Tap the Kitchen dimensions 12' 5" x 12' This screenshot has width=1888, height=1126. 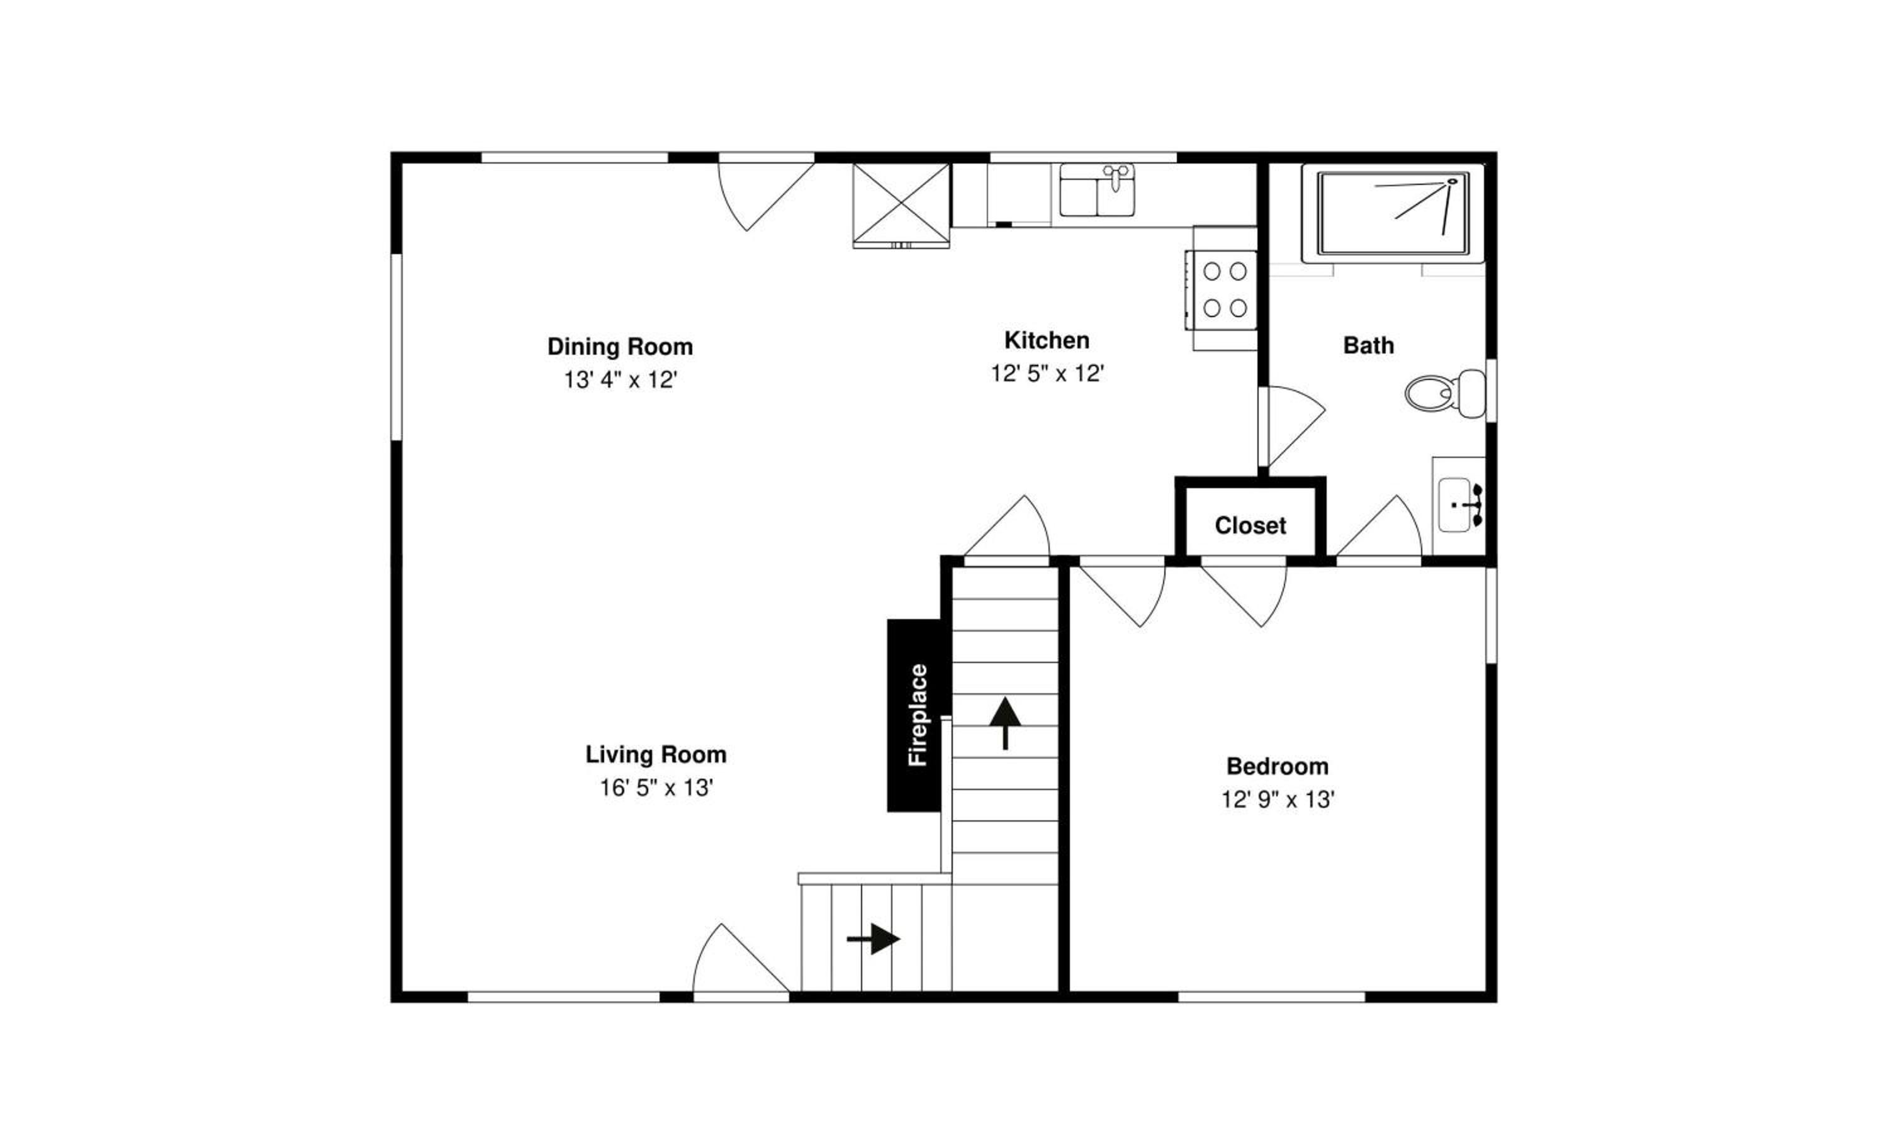coord(1047,373)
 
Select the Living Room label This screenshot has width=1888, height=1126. coord(656,754)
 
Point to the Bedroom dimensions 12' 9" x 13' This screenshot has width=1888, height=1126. coord(1278,800)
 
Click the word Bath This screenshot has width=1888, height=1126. coord(1369,345)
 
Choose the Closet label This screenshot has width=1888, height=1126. coord(1250,525)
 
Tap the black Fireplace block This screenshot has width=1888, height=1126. coord(919,715)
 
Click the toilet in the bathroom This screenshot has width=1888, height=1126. coord(1445,394)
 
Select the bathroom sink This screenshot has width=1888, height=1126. coord(1459,505)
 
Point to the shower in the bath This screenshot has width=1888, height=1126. coord(1393,213)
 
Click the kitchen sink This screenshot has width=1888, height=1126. coord(1097,190)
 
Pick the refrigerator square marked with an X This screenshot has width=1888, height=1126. coord(901,206)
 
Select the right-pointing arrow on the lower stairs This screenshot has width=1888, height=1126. coord(873,939)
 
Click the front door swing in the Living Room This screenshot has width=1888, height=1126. coord(740,957)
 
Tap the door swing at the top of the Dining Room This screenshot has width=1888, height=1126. coord(765,196)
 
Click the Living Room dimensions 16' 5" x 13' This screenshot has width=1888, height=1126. coord(656,788)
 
